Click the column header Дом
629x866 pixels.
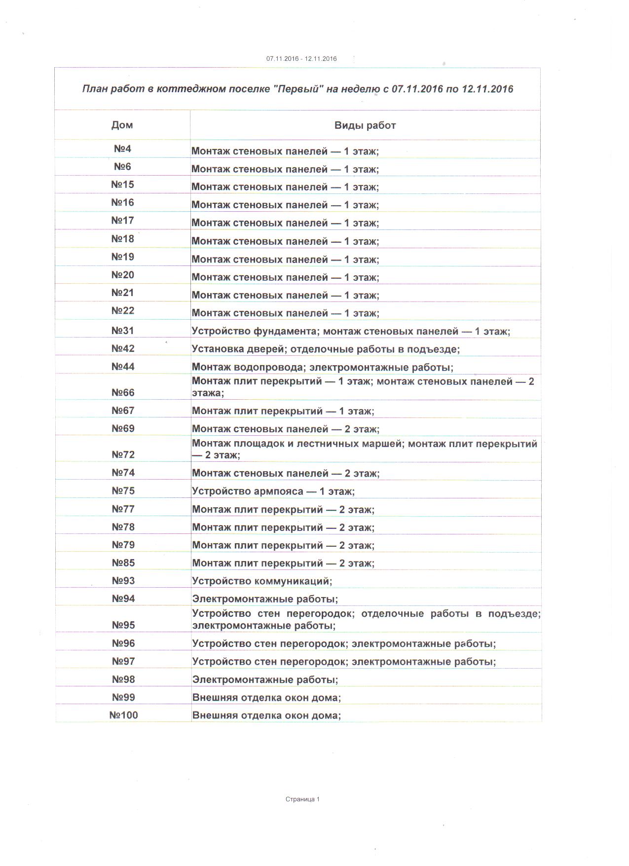click(122, 125)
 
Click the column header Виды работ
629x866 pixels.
click(365, 125)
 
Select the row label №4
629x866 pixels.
click(122, 149)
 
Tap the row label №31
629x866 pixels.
click(122, 331)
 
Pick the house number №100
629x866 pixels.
click(123, 715)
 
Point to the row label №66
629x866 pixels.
click(123, 392)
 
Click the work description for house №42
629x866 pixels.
click(326, 349)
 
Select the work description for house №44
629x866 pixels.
click(322, 367)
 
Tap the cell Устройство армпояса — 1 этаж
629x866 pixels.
click(273, 491)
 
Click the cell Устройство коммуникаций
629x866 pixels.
click(262, 581)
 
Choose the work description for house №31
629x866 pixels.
click(351, 331)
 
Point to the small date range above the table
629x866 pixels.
click(301, 59)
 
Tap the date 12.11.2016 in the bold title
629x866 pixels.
click(487, 89)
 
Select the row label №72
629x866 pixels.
click(123, 454)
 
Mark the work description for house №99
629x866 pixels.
click(266, 698)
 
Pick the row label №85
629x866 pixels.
click(123, 563)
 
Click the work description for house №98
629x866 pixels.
click(265, 679)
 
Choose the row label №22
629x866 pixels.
click(122, 310)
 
